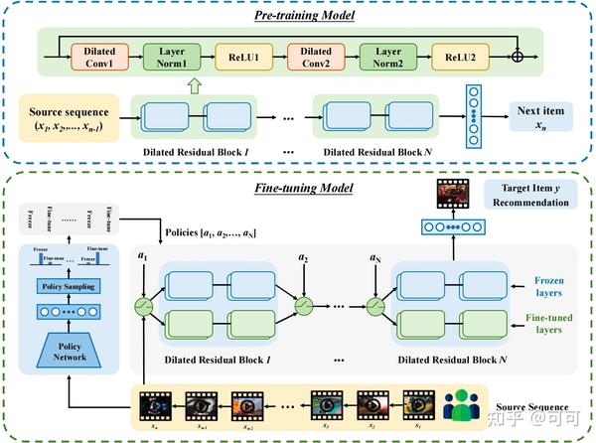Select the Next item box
click(541, 115)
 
